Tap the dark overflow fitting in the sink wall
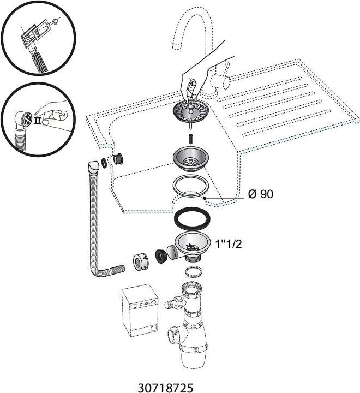point(117,159)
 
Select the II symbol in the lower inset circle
point(38,120)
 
